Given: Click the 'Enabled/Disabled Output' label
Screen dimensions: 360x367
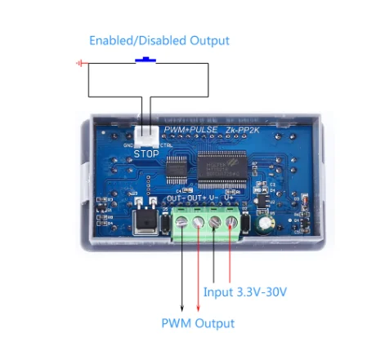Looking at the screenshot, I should coord(159,40).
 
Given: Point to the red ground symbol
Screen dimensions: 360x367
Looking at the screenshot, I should coord(80,63).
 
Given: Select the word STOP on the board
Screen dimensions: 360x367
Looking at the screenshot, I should coord(146,152).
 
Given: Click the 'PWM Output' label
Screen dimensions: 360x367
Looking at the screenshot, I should coord(198,323).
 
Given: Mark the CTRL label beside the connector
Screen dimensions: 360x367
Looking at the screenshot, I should coord(165,145).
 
